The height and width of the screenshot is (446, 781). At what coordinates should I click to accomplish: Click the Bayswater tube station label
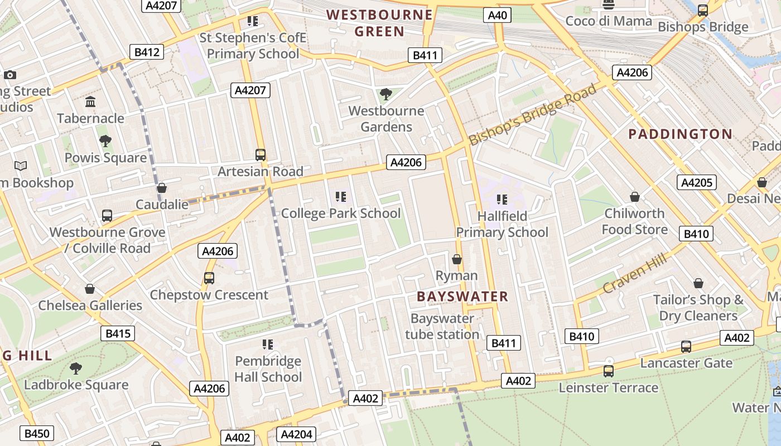click(442, 327)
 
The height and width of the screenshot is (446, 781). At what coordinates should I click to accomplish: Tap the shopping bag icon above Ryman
click(457, 259)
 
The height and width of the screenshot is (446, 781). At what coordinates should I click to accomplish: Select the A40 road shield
click(497, 15)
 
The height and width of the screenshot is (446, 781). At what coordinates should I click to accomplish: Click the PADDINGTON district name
click(680, 134)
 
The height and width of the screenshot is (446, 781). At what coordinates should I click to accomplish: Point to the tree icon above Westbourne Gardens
click(385, 94)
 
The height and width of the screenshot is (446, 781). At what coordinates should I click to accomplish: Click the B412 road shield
click(147, 52)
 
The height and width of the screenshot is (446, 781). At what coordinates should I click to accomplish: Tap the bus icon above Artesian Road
click(261, 155)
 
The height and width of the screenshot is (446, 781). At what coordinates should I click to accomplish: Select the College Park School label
click(341, 213)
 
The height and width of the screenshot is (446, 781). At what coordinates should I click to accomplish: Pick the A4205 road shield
click(696, 182)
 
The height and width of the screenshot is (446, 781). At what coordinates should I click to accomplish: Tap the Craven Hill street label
click(635, 273)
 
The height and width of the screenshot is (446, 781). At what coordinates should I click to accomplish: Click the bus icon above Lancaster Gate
click(686, 346)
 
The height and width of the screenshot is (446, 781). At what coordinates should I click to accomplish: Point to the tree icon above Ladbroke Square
click(75, 368)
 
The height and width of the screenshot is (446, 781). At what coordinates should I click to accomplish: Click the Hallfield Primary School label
click(502, 224)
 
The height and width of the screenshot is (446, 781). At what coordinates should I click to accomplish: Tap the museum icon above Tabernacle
click(90, 101)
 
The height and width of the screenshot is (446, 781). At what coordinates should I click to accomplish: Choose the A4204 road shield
click(296, 434)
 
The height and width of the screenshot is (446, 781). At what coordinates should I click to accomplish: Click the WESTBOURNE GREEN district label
click(379, 23)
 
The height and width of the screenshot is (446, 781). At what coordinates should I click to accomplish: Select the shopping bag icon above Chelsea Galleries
click(90, 289)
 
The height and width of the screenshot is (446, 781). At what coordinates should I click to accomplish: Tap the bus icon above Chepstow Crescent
click(209, 278)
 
